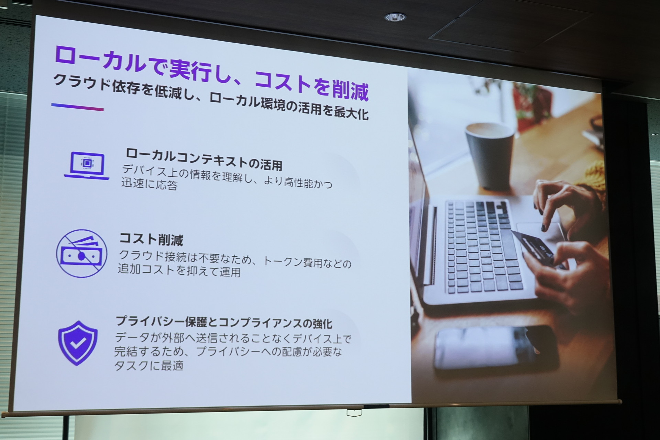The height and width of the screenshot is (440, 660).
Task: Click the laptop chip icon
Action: pos(87,165)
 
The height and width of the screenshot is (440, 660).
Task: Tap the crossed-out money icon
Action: pos(82,253)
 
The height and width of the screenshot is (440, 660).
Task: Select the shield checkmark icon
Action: pos(78,343)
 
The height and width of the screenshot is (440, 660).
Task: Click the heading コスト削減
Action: pos(151,239)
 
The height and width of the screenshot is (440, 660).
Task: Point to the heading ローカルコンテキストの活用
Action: pos(204,159)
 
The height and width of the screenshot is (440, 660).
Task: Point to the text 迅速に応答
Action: pos(149,184)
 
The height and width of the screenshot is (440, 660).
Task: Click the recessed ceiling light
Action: pos(395,16)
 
